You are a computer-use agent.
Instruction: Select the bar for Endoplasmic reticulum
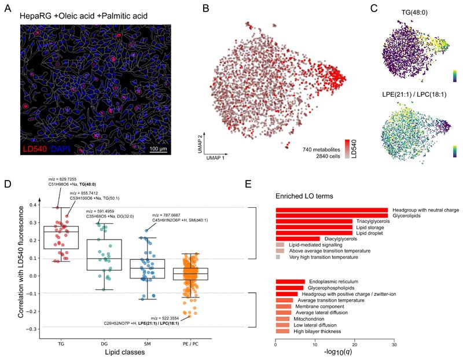pos(290,282)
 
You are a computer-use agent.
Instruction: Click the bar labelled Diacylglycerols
pos(297,238)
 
